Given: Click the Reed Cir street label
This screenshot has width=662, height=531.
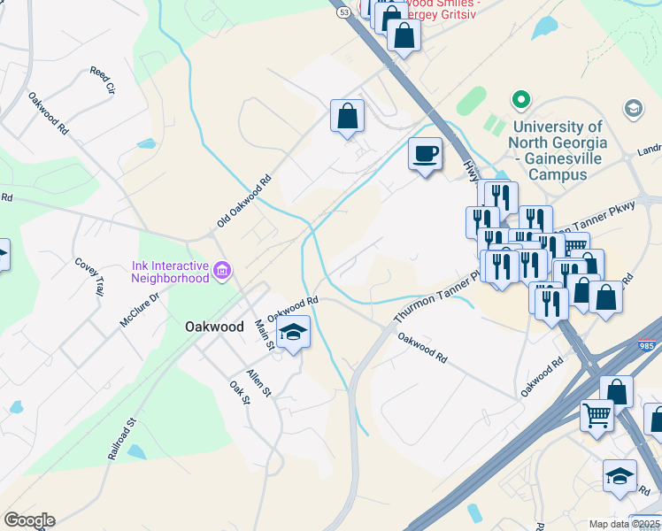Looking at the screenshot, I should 104,79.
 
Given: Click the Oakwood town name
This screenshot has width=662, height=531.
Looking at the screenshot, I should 214,327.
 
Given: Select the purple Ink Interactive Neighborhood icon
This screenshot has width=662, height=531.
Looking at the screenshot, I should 221,269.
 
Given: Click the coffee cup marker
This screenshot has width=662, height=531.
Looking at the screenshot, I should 425,153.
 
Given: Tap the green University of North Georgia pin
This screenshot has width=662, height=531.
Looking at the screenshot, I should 520,100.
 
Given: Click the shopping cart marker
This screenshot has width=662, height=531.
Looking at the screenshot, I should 597,412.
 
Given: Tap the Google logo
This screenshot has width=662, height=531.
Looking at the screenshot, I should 29,520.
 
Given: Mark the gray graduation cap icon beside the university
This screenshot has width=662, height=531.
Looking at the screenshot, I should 633,108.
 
